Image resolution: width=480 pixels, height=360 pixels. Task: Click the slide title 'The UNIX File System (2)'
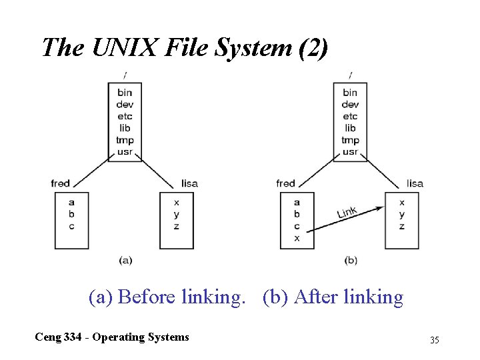[x=185, y=48]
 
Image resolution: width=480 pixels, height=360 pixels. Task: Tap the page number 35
[x=435, y=341]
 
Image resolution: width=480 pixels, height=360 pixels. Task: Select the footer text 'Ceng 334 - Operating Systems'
[x=112, y=337]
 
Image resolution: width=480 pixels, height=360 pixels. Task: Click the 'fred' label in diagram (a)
[x=60, y=183]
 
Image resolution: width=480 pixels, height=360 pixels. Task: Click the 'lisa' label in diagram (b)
[x=415, y=183]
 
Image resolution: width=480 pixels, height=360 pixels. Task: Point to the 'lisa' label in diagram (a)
[x=189, y=183]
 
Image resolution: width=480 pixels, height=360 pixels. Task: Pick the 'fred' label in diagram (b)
[x=285, y=183]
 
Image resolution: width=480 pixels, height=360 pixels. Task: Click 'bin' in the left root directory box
[x=125, y=93]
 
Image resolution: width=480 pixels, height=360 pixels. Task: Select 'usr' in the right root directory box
[x=350, y=152]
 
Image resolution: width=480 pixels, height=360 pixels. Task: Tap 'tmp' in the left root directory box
[x=125, y=140]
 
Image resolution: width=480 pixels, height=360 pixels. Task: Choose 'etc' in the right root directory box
[x=350, y=116]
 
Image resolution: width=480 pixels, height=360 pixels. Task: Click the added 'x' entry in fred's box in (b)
[x=297, y=238]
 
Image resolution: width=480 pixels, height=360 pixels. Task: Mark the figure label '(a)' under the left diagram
[x=125, y=260]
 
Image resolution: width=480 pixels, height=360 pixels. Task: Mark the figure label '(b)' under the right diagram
[x=351, y=260]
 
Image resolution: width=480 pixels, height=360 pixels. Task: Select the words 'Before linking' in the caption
[x=181, y=297]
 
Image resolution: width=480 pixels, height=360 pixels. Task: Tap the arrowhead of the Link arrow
[x=379, y=208]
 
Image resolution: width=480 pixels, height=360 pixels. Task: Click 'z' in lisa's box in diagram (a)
[x=176, y=226]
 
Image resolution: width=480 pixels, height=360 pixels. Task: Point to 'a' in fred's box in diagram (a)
[x=71, y=202]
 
